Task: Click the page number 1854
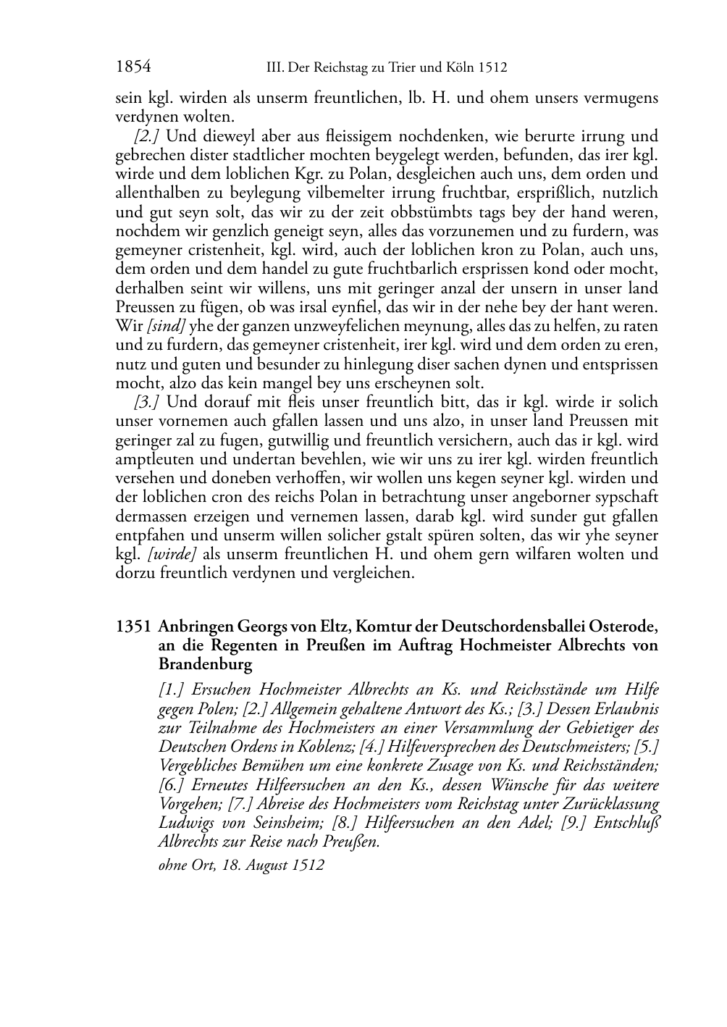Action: point(133,67)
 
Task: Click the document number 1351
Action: point(133,626)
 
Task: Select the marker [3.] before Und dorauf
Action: point(147,402)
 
